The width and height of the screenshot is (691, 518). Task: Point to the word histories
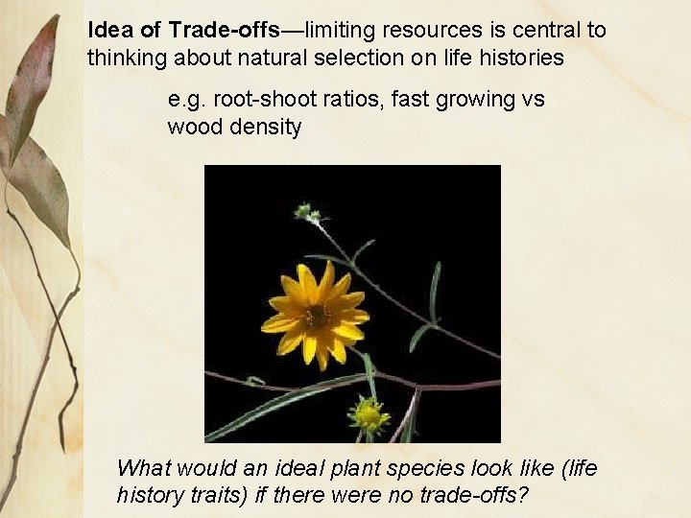[x=521, y=59]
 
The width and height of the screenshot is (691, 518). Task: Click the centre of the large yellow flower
[x=315, y=313]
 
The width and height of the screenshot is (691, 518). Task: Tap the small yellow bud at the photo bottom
[x=368, y=415]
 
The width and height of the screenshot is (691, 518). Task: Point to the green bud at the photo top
[x=307, y=210]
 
